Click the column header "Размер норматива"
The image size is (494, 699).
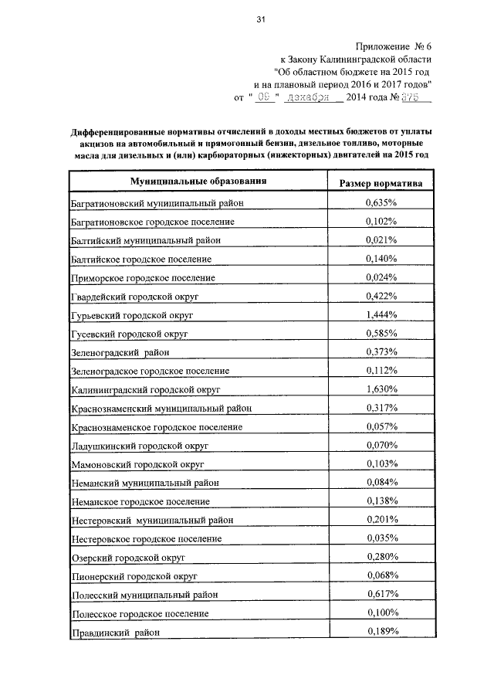click(x=381, y=184)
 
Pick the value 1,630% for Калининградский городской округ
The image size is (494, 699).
click(x=381, y=389)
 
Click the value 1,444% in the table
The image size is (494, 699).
click(x=381, y=314)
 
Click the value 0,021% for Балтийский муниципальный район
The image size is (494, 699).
click(x=381, y=239)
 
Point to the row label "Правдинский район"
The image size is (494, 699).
click(x=116, y=633)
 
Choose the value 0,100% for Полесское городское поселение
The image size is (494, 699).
click(x=381, y=612)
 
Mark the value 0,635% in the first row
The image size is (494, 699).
click(x=381, y=202)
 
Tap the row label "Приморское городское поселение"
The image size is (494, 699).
click(x=143, y=277)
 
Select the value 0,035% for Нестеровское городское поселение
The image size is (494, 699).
click(x=381, y=538)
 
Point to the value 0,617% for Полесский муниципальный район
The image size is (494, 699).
click(x=381, y=594)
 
